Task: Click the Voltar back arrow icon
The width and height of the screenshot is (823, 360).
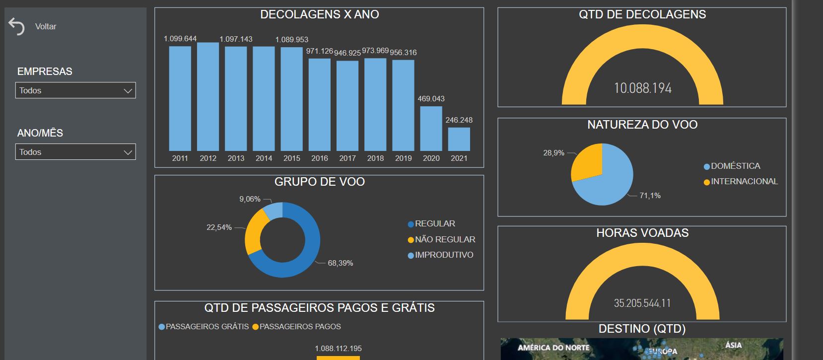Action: coord(16,26)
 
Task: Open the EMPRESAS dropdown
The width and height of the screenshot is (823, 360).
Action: coord(75,90)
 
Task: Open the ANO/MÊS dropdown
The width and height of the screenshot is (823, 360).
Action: coord(75,152)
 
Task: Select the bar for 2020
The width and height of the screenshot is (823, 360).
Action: coord(431,129)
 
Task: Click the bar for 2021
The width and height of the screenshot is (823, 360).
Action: coord(459,140)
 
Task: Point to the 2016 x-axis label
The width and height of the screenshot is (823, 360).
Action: coord(320,158)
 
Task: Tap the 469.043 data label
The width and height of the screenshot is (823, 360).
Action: coord(431,98)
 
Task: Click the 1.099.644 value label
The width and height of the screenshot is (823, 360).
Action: coord(180,39)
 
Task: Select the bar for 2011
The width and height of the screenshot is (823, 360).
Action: coord(180,98)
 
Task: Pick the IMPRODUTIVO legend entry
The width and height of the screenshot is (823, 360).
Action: coord(440,255)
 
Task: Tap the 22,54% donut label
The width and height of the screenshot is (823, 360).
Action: coord(219,227)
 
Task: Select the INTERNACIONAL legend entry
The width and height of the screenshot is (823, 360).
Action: coord(741,181)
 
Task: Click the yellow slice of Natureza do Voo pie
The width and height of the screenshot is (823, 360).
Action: coord(588,162)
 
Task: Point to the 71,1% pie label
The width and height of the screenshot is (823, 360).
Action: coord(650,195)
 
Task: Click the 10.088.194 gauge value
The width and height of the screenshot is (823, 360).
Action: coord(643,88)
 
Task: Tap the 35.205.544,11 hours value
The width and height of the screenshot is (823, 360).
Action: coord(642,303)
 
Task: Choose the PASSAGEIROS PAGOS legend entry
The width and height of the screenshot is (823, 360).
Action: coord(297,327)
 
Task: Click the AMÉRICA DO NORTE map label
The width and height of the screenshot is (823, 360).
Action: coord(553,348)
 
